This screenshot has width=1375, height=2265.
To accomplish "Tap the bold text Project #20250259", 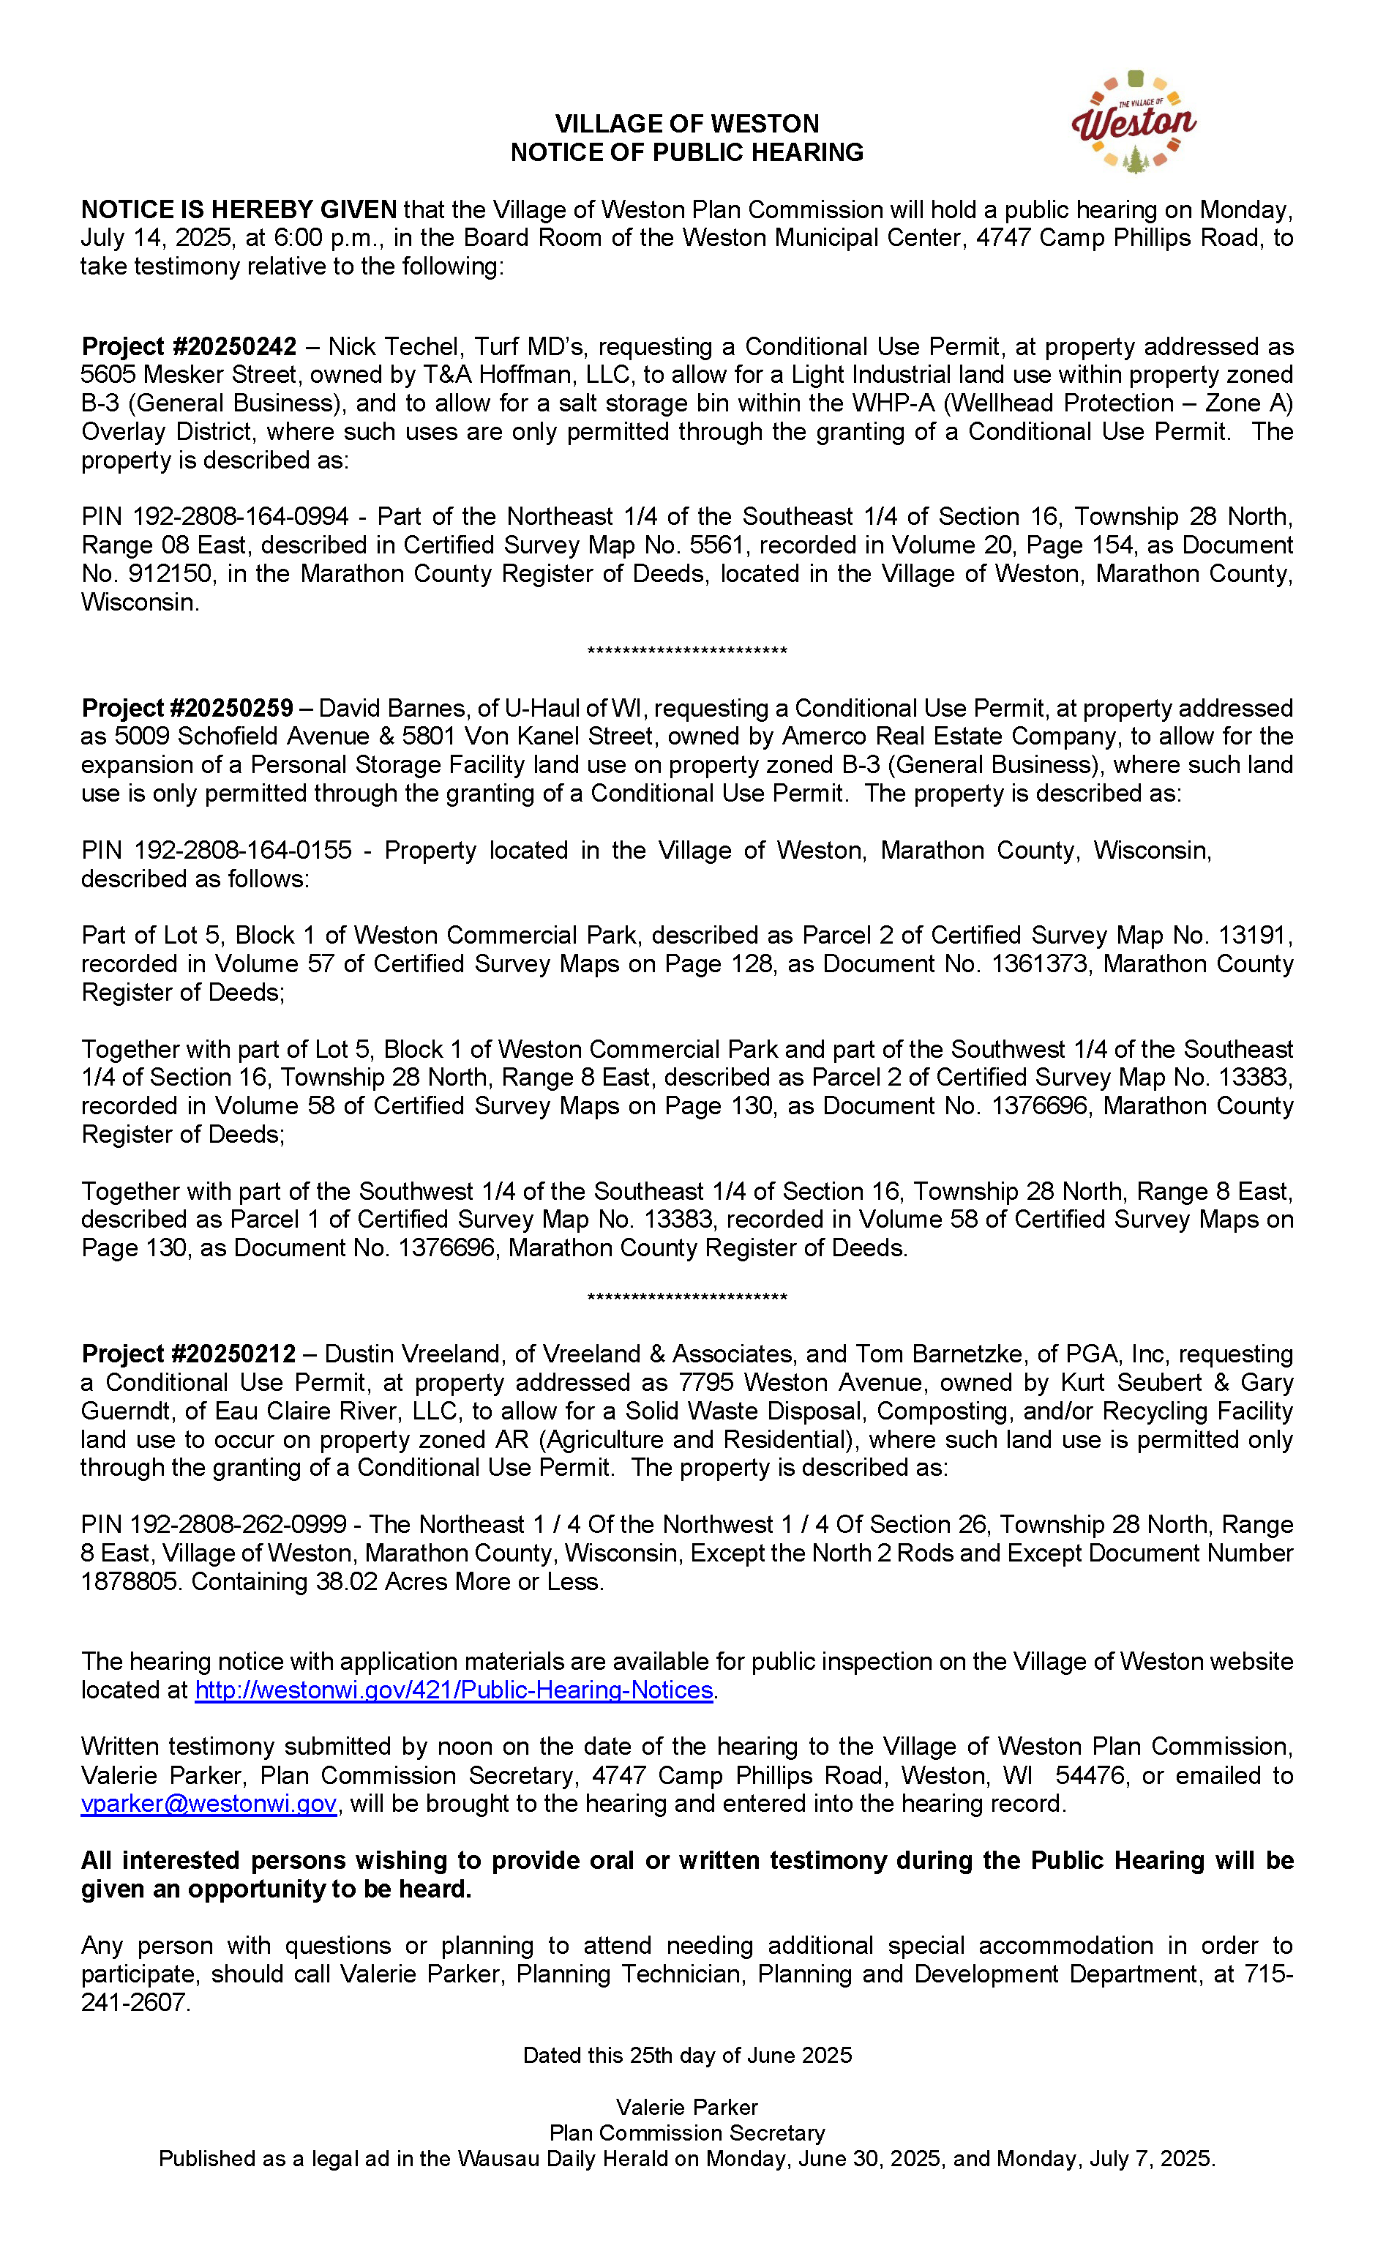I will click(187, 708).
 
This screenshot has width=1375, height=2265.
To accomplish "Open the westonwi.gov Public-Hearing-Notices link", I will click(453, 1690).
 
